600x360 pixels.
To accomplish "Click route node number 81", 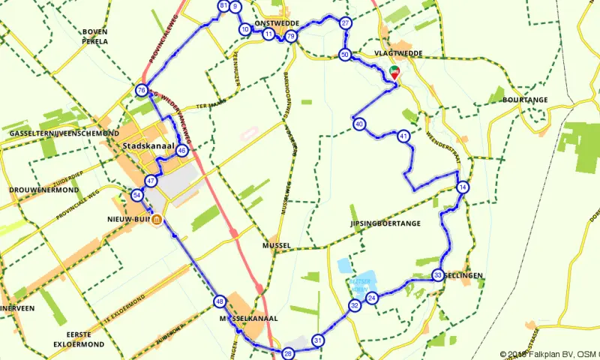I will click(223, 6).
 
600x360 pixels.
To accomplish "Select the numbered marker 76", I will click(141, 91).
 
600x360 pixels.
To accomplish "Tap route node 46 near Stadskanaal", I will click(181, 150).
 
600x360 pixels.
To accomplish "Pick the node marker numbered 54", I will click(136, 195).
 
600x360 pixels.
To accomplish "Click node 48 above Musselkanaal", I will click(219, 301).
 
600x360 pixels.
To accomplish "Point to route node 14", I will click(463, 187).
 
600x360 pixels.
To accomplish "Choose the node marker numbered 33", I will click(438, 276).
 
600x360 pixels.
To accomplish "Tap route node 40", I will click(360, 124).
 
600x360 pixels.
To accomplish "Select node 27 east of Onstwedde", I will click(345, 23).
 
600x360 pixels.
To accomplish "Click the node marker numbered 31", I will click(319, 340).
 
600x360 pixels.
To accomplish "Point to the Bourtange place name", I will click(526, 100).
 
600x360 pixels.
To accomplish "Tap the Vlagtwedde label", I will click(398, 54).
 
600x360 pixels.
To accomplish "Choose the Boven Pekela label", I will click(95, 37).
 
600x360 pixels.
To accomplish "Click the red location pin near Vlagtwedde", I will click(394, 71).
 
